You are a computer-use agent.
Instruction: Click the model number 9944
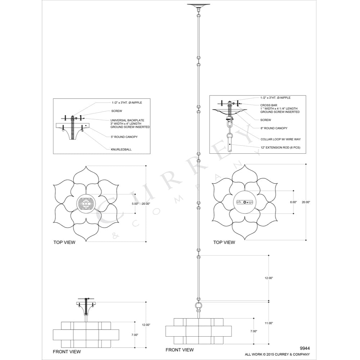305,348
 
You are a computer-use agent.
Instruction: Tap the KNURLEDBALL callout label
121,149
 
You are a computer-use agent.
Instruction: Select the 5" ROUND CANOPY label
124,137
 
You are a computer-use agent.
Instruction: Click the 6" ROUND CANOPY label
274,128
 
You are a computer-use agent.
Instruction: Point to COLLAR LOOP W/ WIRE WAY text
280,139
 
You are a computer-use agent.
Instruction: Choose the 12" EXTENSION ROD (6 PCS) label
280,147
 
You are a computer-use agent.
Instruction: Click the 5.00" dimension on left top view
135,204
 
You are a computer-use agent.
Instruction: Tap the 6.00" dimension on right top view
293,202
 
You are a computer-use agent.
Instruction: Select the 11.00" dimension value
269,323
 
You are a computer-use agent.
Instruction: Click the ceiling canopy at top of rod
199,5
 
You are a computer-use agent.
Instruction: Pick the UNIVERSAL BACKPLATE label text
127,120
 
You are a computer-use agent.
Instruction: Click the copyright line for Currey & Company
277,354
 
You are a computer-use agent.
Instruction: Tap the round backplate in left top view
86,203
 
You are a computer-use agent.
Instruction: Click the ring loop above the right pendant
199,306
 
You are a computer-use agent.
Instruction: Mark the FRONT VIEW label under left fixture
67,351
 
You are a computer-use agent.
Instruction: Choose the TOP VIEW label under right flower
224,242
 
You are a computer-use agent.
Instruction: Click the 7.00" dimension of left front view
135,335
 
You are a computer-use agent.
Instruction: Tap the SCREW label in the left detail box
117,111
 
